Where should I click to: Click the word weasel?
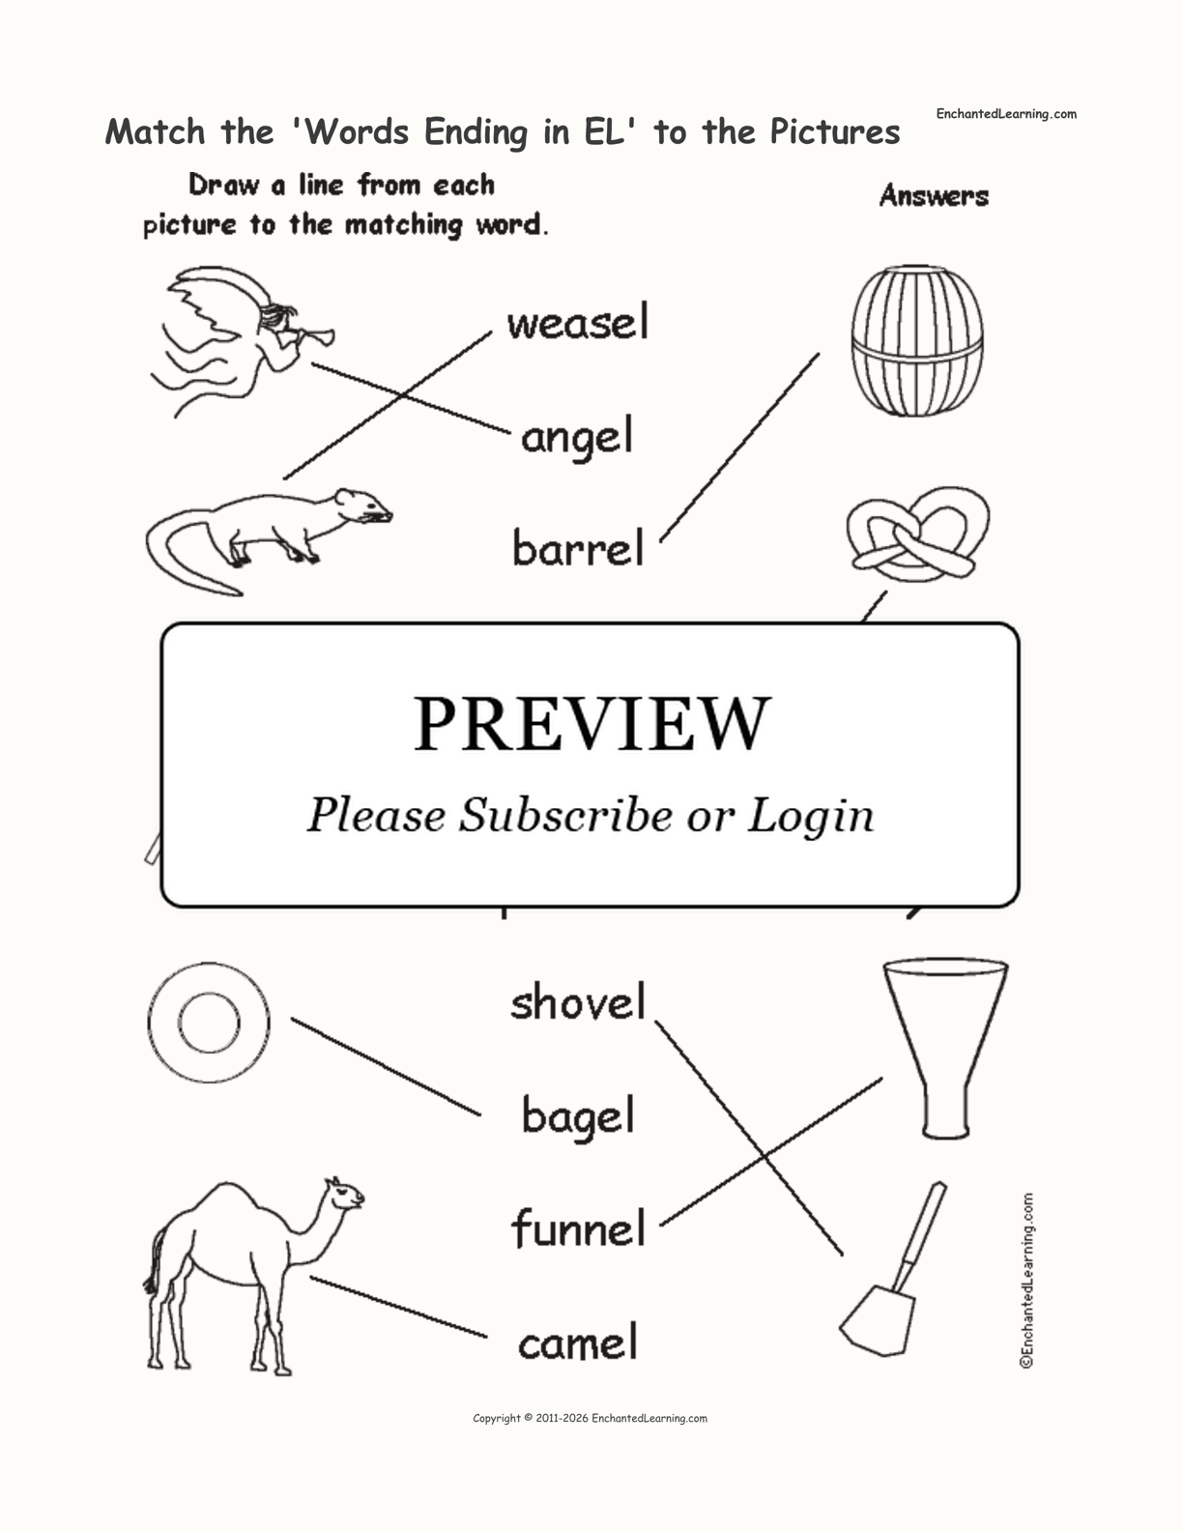coord(577,323)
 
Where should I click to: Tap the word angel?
coord(577,438)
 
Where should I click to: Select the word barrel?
coord(577,549)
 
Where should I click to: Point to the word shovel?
coord(577,1002)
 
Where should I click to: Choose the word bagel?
coord(577,1116)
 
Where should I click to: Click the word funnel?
coord(577,1229)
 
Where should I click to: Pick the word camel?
coord(577,1343)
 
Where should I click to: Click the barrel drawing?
coord(916,340)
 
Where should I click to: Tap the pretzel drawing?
coord(917,534)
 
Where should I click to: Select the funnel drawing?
coord(944,1044)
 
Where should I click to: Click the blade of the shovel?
coord(878,1318)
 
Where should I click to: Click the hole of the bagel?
coord(209,1022)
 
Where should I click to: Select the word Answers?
coord(934,196)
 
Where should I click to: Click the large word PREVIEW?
coord(591,724)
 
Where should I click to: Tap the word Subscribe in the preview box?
coord(564,815)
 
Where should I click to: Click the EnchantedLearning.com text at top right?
coord(1005,114)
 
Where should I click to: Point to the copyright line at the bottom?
coord(590,1419)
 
